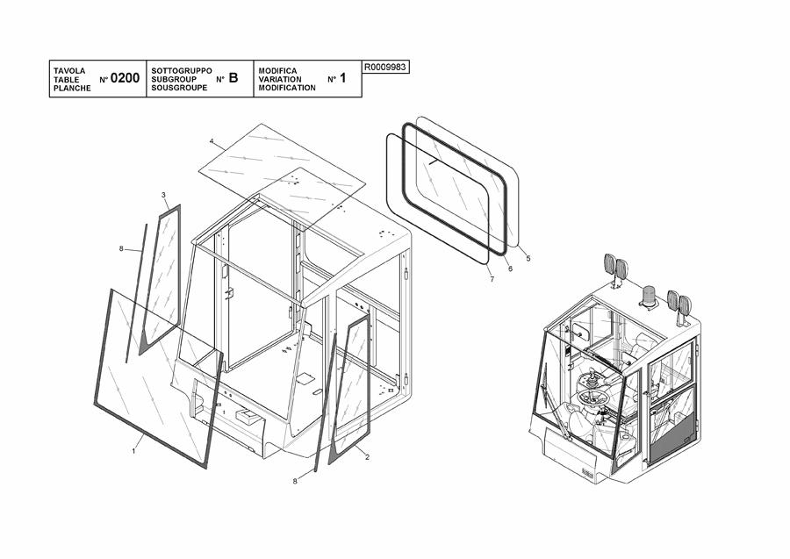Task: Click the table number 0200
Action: point(125,78)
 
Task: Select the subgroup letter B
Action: point(233,78)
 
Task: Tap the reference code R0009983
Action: point(385,67)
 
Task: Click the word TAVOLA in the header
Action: point(69,71)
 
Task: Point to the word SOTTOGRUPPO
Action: point(182,71)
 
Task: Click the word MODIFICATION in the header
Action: point(287,88)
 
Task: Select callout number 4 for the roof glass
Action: point(212,140)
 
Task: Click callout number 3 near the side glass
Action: point(163,195)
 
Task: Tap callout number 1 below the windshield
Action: point(133,451)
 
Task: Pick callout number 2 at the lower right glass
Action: point(367,457)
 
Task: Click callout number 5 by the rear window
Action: point(528,258)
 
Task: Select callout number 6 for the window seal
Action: point(510,269)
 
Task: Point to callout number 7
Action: point(492,279)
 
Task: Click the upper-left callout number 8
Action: point(121,248)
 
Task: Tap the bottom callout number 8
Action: point(295,481)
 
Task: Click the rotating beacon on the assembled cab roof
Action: point(648,296)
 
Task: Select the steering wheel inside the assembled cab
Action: point(593,398)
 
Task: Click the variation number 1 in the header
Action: point(343,78)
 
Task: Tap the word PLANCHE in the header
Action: point(72,88)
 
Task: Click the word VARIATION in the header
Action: point(280,79)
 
